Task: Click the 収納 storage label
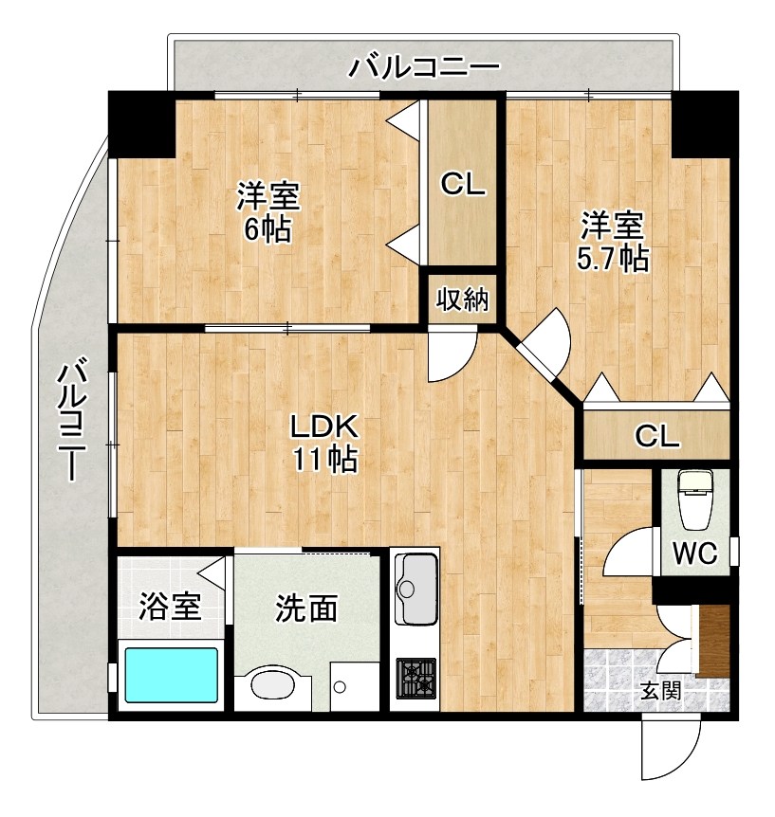click(462, 300)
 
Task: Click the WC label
click(695, 552)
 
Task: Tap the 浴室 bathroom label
click(170, 607)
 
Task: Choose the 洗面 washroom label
click(306, 608)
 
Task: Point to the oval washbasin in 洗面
click(275, 684)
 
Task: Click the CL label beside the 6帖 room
click(462, 184)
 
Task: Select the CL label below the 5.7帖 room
click(656, 436)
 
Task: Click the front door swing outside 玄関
click(667, 749)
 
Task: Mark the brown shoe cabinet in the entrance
click(714, 641)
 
